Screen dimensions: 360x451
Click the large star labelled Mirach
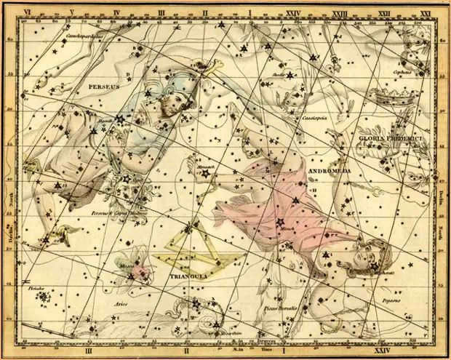pyautogui.click(x=280, y=222)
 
